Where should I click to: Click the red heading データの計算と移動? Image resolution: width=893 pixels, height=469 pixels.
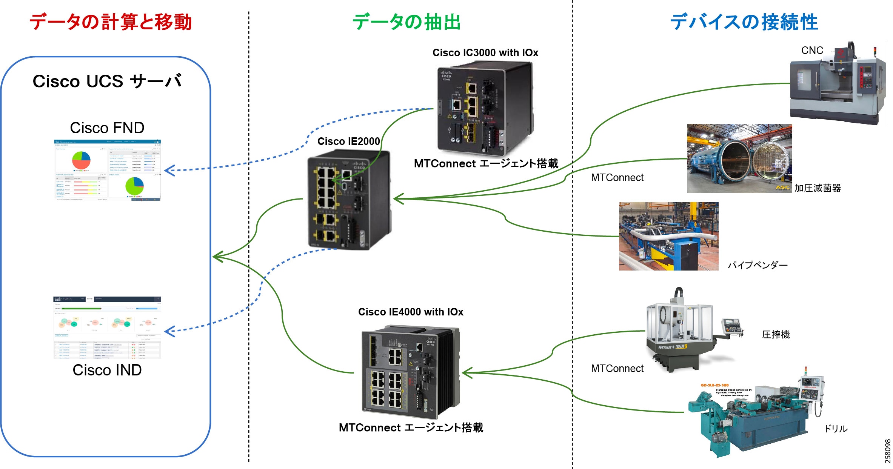tap(110, 22)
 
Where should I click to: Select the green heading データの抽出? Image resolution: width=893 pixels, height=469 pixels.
tap(406, 22)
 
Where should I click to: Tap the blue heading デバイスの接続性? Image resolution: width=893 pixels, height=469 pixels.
tap(744, 22)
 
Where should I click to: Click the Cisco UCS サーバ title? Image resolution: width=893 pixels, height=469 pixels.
tap(107, 81)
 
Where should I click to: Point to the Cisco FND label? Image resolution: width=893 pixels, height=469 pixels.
tap(107, 128)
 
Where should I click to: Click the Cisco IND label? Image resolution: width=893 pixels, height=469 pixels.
tap(107, 370)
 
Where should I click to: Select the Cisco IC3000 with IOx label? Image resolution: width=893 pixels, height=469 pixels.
tap(485, 53)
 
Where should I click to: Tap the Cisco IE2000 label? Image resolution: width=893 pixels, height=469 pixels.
tap(348, 141)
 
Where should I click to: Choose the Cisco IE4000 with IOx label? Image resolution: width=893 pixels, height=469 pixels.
tap(411, 312)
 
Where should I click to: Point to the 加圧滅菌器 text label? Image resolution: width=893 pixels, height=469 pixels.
tap(818, 188)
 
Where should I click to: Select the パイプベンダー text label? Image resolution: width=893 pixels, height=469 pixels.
tap(758, 265)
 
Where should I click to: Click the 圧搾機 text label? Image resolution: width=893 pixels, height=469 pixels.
tap(776, 335)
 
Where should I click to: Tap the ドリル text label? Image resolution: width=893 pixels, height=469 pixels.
tap(836, 429)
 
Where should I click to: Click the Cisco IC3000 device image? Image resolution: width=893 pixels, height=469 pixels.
tap(485, 108)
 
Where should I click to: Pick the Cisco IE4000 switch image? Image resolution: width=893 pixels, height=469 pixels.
tap(411, 372)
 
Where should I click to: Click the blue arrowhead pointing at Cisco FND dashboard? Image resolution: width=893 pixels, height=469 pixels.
tap(169, 171)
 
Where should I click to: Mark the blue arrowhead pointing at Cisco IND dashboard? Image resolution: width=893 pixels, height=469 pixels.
tap(169, 332)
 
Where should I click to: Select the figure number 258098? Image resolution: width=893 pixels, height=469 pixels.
tap(888, 451)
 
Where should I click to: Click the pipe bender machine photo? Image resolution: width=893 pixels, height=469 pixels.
tap(668, 236)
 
